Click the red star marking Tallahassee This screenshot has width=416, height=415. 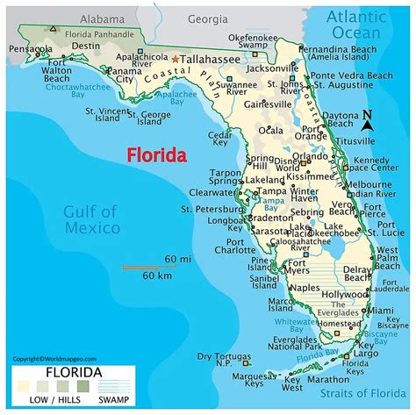176,59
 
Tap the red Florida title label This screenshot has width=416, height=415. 157,156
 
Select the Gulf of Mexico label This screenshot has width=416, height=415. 91,219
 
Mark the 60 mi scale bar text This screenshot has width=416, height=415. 178,261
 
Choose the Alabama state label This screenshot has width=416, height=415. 102,18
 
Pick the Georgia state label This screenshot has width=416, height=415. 207,18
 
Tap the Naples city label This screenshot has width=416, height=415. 305,288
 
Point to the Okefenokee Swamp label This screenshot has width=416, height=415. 254,42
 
